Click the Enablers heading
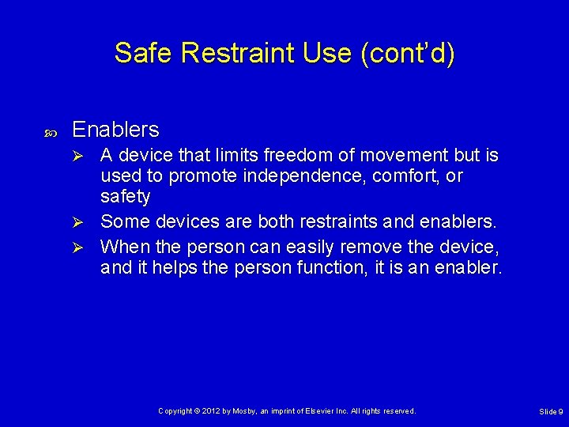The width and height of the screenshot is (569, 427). (115, 129)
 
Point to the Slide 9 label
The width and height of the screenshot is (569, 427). (551, 412)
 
